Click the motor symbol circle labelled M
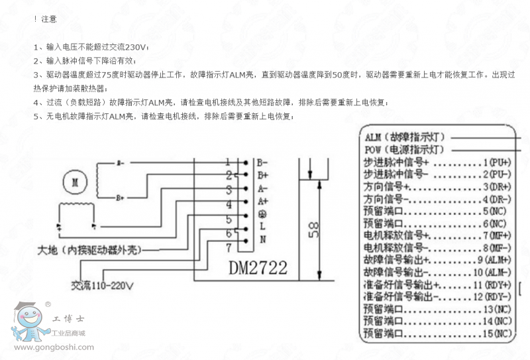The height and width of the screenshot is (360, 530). point(75,180)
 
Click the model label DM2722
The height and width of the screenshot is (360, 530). point(258,268)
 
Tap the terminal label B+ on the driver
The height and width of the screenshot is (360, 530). point(262,175)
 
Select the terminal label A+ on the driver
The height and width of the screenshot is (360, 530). point(262,201)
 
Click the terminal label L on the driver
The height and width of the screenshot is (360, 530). point(262,227)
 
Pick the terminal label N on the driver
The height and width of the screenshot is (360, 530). point(262,239)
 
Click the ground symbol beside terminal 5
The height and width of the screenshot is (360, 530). point(262,213)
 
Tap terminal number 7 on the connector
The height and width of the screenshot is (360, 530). point(228,248)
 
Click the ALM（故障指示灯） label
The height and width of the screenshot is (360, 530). point(404,137)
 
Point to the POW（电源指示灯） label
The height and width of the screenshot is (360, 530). point(404,150)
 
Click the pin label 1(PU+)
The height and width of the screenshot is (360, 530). point(497,162)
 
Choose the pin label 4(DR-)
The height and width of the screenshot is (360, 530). point(497,199)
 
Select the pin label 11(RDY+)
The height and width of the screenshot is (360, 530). point(494,284)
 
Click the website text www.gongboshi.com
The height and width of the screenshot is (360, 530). point(53,347)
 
